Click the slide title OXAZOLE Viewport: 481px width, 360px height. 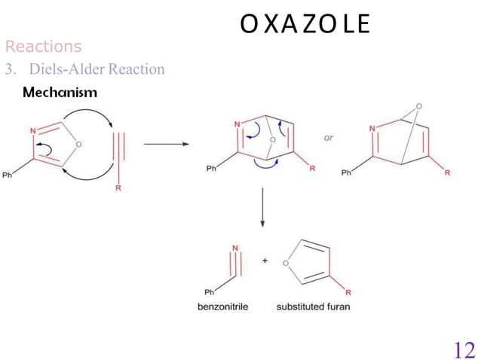point(305,24)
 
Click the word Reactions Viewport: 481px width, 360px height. point(43,47)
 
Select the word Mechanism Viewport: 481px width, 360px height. point(60,93)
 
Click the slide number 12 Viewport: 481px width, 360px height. point(464,349)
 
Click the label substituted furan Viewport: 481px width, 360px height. point(313,307)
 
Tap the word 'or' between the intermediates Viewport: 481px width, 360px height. point(329,138)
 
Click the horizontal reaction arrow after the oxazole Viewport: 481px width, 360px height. point(166,145)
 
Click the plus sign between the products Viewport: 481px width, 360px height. point(265,261)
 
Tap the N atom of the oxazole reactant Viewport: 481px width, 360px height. point(33,131)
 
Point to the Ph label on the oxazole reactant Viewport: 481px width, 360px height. point(8,176)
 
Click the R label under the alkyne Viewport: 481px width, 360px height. point(118,188)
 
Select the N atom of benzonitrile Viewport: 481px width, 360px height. point(235,248)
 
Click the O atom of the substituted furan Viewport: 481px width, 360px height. point(286,263)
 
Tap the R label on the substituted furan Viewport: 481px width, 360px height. point(348,292)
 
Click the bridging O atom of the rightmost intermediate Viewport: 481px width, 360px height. point(418,106)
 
